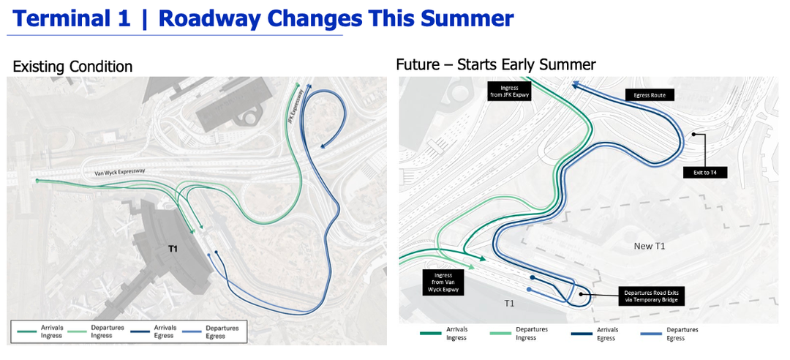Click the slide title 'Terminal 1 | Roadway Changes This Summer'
263,19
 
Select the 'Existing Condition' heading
72,67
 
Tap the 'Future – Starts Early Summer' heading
495,64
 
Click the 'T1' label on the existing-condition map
173,249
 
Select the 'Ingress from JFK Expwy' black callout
509,91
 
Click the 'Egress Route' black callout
650,95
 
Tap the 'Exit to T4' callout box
706,173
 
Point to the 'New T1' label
649,246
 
